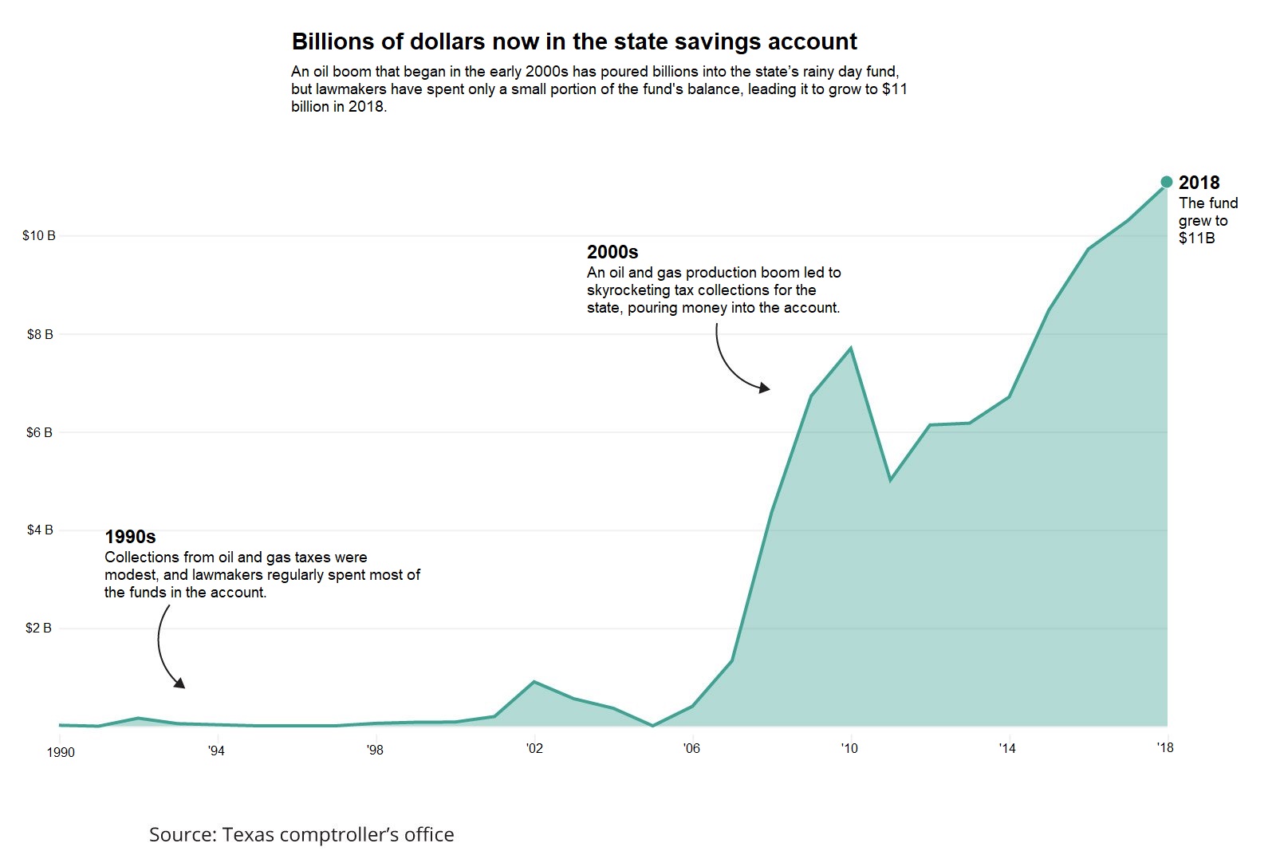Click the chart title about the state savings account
click(574, 41)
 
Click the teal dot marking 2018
click(1167, 182)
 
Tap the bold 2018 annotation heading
click(1199, 183)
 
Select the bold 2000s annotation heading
click(612, 252)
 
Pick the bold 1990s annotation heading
click(130, 537)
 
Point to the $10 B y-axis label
click(39, 236)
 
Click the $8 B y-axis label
click(40, 334)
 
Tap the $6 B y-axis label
click(40, 432)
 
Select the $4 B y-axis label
click(40, 530)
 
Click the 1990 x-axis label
click(61, 752)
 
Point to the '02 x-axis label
click(534, 748)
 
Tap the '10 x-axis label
click(849, 748)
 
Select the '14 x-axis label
click(1007, 748)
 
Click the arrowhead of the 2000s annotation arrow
click(766, 388)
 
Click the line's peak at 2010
click(851, 348)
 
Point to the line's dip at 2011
click(890, 480)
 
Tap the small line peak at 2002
click(534, 682)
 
